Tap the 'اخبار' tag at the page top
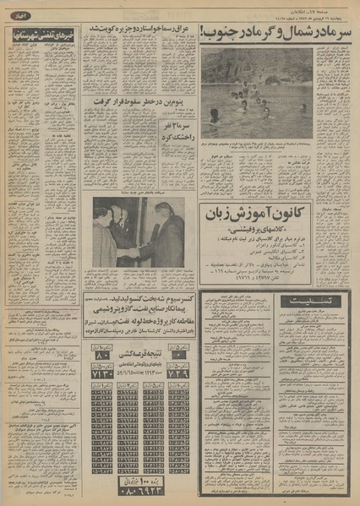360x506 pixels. [18, 15]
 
